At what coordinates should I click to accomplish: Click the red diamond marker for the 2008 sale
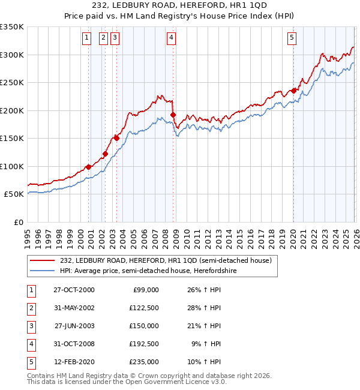point(173,115)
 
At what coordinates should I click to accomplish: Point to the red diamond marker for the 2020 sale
point(293,91)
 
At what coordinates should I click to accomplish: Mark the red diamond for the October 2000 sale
point(88,167)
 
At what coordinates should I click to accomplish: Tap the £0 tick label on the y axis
point(18,222)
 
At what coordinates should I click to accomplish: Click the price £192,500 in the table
point(145,344)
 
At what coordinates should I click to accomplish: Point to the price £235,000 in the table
point(145,362)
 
